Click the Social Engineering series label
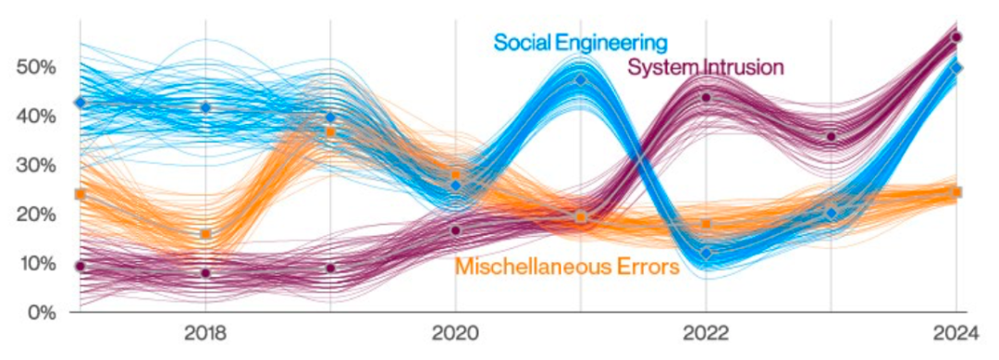pyautogui.click(x=580, y=43)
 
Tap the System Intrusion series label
pyautogui.click(x=705, y=67)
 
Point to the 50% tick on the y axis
pyautogui.click(x=39, y=68)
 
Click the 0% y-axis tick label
pyautogui.click(x=43, y=312)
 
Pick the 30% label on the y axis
pyautogui.click(x=39, y=166)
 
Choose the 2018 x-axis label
pyautogui.click(x=205, y=334)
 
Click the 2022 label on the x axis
pyautogui.click(x=706, y=334)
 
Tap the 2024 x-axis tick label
pyautogui.click(x=956, y=334)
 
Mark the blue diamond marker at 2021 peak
pyautogui.click(x=580, y=80)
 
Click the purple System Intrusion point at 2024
pyautogui.click(x=956, y=37)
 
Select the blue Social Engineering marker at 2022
pyautogui.click(x=706, y=254)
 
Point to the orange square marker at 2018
pyautogui.click(x=205, y=234)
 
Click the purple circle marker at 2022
pyautogui.click(x=706, y=97)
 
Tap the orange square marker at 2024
pyautogui.click(x=956, y=192)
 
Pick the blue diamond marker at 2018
pyautogui.click(x=205, y=107)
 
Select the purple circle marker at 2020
pyautogui.click(x=455, y=230)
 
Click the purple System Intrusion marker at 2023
pyautogui.click(x=831, y=137)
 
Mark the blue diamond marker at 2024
pyautogui.click(x=956, y=67)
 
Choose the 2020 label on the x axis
pyautogui.click(x=455, y=334)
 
